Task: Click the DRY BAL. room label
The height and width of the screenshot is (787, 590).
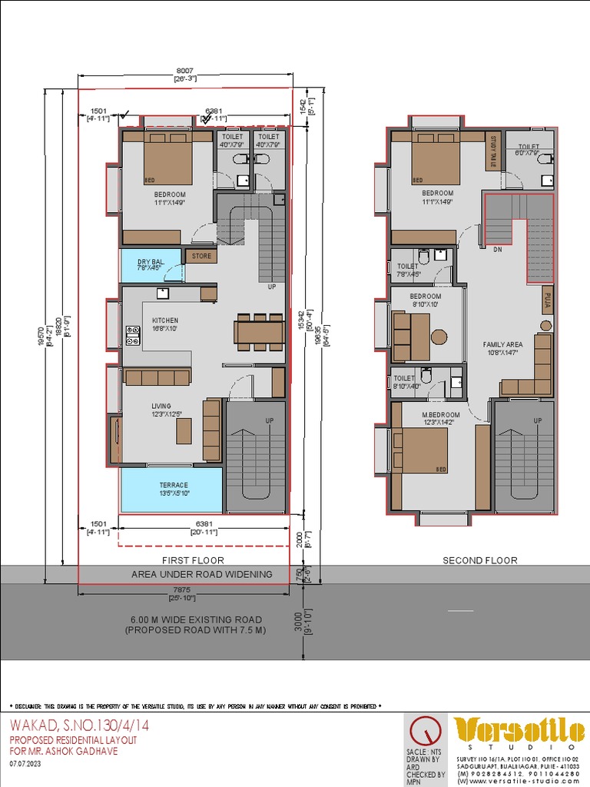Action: click(x=151, y=262)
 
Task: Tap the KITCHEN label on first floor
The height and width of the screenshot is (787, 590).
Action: click(x=164, y=320)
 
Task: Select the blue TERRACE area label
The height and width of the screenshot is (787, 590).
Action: click(x=174, y=485)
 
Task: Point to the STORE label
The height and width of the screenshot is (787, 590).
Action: click(x=201, y=256)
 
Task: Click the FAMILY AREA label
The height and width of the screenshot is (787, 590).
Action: click(x=502, y=345)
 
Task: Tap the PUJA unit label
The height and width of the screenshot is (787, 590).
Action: click(x=547, y=300)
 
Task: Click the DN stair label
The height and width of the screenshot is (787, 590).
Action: click(x=497, y=249)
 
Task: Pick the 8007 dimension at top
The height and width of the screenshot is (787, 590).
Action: click(x=185, y=71)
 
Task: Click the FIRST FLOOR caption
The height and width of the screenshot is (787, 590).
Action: click(x=193, y=560)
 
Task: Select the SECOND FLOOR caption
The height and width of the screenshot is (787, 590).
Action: click(x=479, y=560)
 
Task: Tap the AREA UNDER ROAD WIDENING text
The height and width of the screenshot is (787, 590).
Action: click(x=201, y=574)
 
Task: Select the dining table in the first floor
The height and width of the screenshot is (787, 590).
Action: click(x=259, y=332)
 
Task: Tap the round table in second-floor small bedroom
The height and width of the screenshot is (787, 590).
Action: click(x=439, y=337)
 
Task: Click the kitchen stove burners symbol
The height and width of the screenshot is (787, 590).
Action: click(x=133, y=334)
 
